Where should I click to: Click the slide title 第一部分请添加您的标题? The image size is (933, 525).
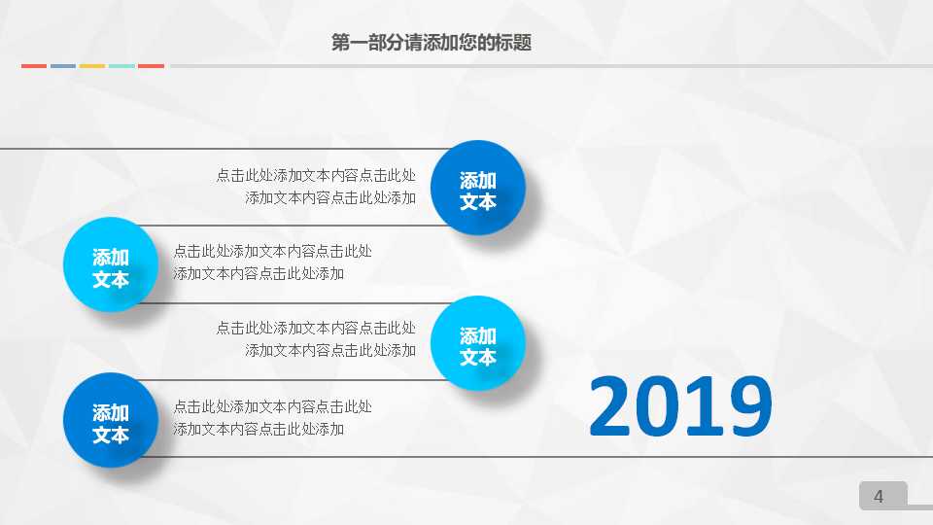click(x=432, y=43)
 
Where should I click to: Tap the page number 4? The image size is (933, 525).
click(x=880, y=497)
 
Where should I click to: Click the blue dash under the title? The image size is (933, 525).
click(x=63, y=66)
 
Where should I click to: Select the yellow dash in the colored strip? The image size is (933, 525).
click(x=92, y=66)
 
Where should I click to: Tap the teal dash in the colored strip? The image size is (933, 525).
click(x=121, y=66)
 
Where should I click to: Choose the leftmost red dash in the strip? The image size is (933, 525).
click(x=34, y=66)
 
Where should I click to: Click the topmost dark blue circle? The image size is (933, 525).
click(x=478, y=189)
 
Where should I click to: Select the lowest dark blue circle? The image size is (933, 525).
click(x=111, y=421)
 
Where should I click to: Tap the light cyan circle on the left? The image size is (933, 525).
click(x=111, y=265)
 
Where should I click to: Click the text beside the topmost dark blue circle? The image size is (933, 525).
click(x=317, y=187)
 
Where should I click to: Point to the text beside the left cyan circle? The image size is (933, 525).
click(x=272, y=262)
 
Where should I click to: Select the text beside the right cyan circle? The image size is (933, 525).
click(x=317, y=339)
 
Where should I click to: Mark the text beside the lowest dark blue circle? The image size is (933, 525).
click(x=272, y=418)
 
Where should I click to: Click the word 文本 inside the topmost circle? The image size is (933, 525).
click(x=478, y=201)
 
